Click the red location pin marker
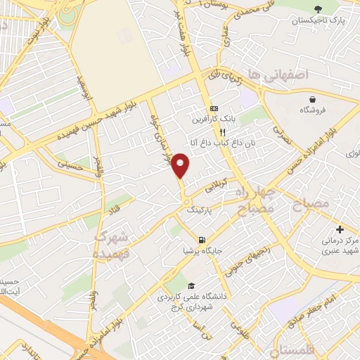[181, 165]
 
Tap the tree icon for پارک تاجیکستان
[319, 9]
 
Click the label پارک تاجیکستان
[320, 22]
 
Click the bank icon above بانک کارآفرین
[213, 109]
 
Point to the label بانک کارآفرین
[212, 120]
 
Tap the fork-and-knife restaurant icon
[222, 131]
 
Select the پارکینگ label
[199, 210]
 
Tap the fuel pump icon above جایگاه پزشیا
[202, 240]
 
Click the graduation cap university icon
[192, 284]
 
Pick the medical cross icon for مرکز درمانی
[340, 229]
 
